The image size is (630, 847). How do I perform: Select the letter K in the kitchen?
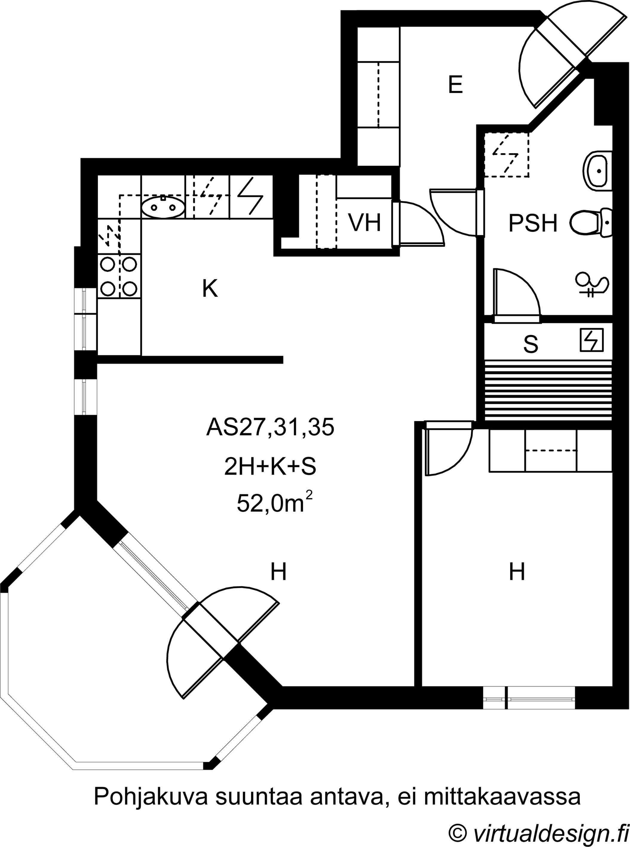(210, 288)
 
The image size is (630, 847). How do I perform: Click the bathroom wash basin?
(597, 171)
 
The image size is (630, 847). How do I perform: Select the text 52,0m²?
(275, 502)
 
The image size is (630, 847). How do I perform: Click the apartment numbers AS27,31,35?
(270, 428)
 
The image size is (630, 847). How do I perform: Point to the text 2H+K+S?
(270, 467)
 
